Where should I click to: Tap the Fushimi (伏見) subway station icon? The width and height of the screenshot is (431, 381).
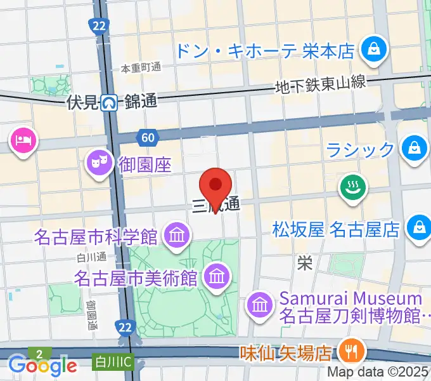pos(111,102)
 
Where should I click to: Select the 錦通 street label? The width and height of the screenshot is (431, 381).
pos(141,102)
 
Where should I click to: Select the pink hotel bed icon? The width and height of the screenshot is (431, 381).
pos(24,138)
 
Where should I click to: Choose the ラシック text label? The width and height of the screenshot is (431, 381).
pos(360,150)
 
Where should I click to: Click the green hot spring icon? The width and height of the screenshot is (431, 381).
pos(351,187)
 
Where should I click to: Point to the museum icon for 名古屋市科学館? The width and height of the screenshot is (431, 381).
pos(176,236)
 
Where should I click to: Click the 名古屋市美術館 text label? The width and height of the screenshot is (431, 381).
pos(137,277)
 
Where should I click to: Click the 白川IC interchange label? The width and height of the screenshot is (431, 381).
pos(113,361)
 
